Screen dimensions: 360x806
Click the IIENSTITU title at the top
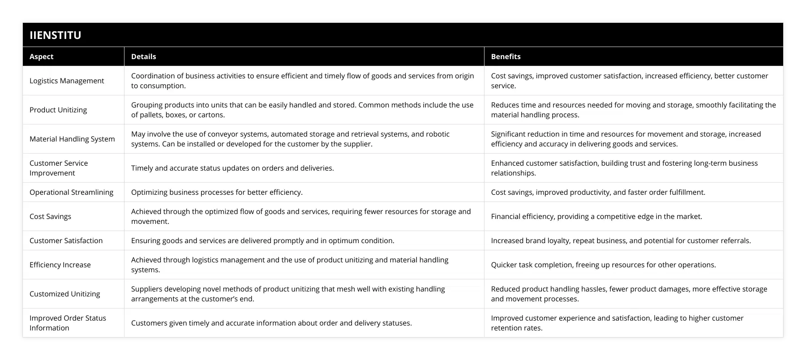click(56, 35)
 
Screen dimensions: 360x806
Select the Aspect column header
click(42, 56)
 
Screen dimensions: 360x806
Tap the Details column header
click(144, 56)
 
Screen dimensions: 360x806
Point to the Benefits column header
click(506, 56)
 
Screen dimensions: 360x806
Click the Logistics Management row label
click(67, 81)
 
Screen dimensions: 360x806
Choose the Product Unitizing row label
click(58, 110)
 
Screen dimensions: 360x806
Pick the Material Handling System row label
click(72, 139)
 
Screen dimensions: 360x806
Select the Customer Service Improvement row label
click(59, 168)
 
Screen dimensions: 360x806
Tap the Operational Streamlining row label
click(71, 192)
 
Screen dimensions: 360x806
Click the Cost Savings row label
click(50, 216)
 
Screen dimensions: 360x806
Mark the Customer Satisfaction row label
click(66, 240)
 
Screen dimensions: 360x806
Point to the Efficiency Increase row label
click(60, 265)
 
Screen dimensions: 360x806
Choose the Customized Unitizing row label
click(64, 294)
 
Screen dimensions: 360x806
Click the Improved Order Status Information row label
click(68, 323)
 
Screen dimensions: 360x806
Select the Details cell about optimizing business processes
click(217, 192)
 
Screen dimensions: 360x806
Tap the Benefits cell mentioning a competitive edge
click(596, 216)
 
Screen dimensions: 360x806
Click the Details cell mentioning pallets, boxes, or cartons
click(302, 110)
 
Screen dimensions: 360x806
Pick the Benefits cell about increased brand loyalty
click(621, 240)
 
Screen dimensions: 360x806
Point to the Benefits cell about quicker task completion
click(603, 265)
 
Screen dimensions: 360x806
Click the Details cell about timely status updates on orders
click(232, 168)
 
